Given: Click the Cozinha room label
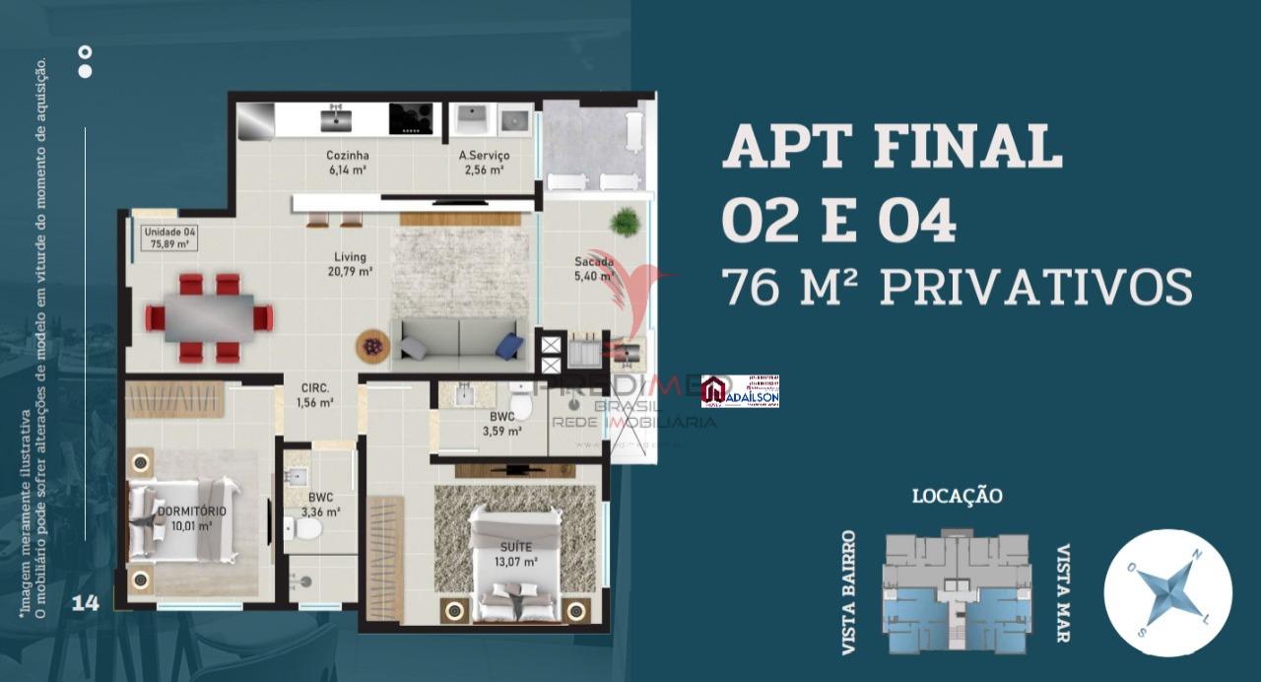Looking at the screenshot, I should pos(347,162).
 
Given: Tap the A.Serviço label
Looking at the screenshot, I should pos(484,162).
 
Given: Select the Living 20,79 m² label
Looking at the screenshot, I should pos(352,264).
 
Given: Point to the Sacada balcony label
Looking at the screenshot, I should pos(594,269).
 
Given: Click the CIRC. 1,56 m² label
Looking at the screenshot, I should pos(315,395).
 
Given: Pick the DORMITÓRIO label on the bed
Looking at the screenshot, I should pos(192,518).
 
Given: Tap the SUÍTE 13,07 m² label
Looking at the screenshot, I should pos(516,554).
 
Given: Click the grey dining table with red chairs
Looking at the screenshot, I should pos(209,317).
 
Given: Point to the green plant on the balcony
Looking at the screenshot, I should pos(625,222).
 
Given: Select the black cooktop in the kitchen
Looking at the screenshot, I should pos(411,118).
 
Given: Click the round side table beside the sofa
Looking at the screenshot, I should pos(372,346).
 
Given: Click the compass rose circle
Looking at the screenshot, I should pos(1167,591).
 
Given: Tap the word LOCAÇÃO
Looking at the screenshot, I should pos(957,496).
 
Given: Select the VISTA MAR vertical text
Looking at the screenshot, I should pos(1064,593).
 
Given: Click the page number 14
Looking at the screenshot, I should pos(86,603).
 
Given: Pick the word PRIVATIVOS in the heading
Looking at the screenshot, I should pos(1035,287).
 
